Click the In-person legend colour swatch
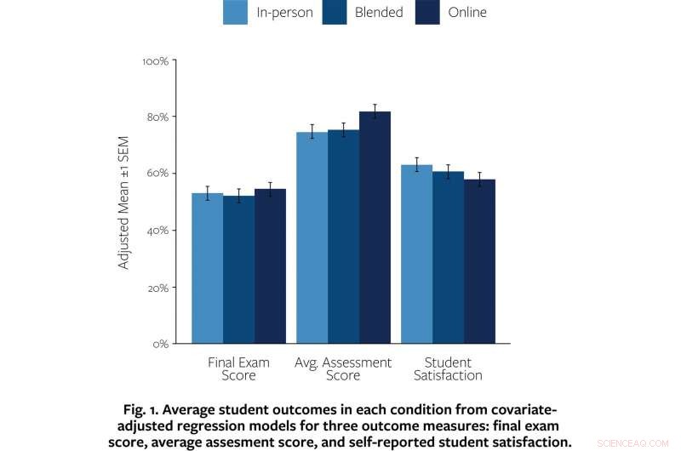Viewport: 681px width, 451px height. coord(235,13)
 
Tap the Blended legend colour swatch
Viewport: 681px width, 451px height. coord(334,13)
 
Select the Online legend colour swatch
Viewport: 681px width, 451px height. coord(427,13)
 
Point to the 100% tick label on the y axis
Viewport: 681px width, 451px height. coord(155,61)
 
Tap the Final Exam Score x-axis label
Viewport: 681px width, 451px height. coord(238,368)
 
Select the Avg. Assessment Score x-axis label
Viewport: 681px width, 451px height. coord(343,368)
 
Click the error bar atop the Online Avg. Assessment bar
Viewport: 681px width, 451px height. coord(375,111)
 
